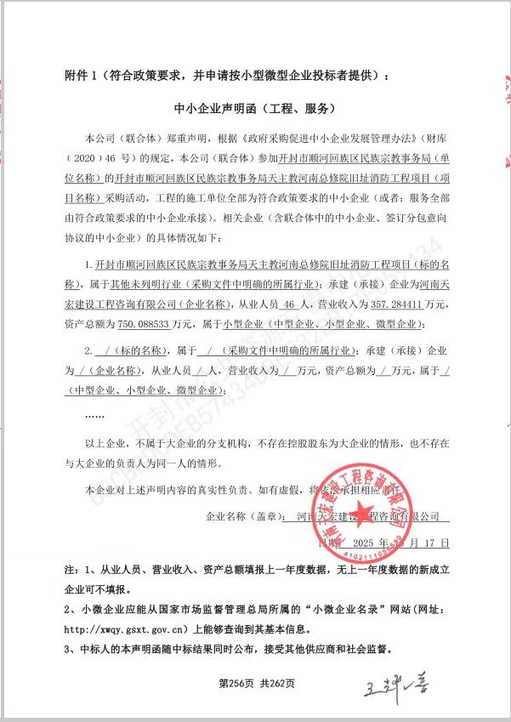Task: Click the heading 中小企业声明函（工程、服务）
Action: click(256, 109)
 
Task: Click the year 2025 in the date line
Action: click(362, 541)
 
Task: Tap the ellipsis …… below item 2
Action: click(96, 414)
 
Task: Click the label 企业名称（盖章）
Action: click(242, 516)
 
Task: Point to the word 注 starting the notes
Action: click(70, 566)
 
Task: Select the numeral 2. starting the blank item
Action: click(88, 351)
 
